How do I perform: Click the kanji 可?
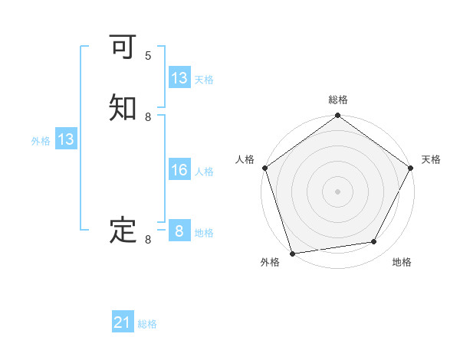[x=123, y=48]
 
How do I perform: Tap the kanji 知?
[x=123, y=109]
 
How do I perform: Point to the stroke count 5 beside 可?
[x=148, y=56]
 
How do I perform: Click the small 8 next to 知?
[x=148, y=116]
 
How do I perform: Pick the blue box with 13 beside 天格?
[x=179, y=78]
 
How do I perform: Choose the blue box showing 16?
[x=179, y=170]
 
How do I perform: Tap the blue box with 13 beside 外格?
[x=65, y=140]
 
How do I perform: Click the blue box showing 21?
[x=123, y=323]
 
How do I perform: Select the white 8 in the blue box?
[x=179, y=231]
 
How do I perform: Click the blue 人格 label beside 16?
[x=204, y=172]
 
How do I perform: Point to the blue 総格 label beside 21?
[x=147, y=325]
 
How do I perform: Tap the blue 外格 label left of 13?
[x=41, y=141]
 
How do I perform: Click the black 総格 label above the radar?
[x=337, y=100]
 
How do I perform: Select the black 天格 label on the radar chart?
[x=431, y=159]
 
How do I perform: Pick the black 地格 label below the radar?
[x=402, y=263]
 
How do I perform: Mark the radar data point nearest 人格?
[x=264, y=168]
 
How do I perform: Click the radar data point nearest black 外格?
[x=292, y=253]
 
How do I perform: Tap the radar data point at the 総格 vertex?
[x=337, y=116]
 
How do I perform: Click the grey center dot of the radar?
[x=337, y=191]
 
